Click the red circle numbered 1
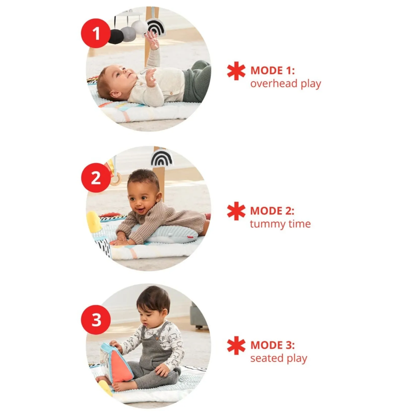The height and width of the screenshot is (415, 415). point(96,33)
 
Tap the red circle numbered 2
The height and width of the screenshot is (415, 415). point(96,178)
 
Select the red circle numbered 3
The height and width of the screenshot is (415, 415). point(96,320)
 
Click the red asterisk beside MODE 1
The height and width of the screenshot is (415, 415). point(236,71)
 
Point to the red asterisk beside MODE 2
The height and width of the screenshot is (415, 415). point(236,211)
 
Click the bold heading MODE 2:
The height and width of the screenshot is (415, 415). point(272,211)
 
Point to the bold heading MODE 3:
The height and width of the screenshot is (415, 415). point(272,345)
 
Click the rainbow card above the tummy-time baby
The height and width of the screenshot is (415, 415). point(162,158)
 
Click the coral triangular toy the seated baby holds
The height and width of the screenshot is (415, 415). point(123,367)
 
